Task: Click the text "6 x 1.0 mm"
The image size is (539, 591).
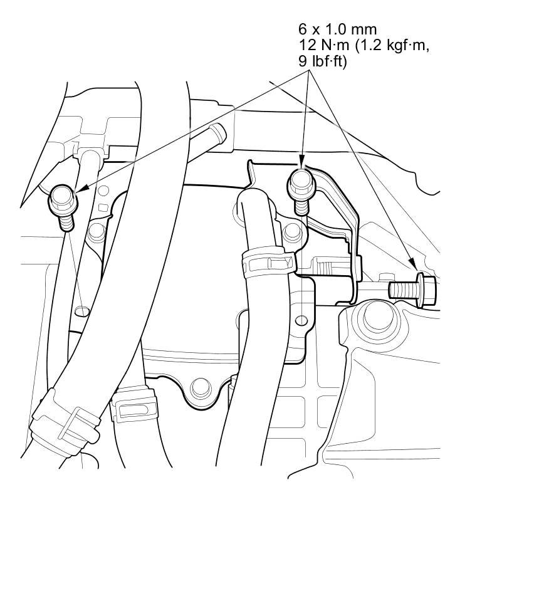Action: click(x=337, y=29)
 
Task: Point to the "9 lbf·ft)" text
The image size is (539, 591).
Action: click(x=322, y=62)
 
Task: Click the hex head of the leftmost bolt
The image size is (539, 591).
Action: click(x=63, y=199)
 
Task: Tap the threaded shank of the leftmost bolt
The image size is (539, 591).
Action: click(x=66, y=222)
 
